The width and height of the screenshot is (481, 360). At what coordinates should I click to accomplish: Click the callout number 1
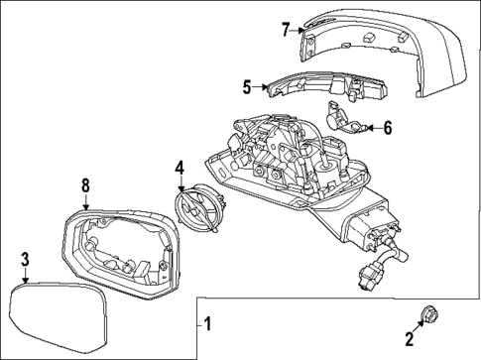click(x=207, y=323)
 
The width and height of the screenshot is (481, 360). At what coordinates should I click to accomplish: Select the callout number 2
click(x=409, y=344)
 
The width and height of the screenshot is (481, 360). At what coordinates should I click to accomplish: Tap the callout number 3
click(x=25, y=260)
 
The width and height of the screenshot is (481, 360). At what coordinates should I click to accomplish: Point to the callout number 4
click(x=180, y=168)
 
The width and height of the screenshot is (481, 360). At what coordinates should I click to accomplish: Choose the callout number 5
click(x=248, y=87)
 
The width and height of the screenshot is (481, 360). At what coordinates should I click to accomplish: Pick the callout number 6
click(x=388, y=126)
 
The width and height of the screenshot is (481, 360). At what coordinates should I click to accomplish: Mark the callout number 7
click(x=286, y=30)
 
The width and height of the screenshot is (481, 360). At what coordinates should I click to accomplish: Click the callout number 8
click(x=84, y=184)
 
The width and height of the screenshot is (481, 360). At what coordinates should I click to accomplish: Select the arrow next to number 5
click(x=261, y=87)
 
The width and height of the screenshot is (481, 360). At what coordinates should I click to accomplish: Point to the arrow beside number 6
click(x=372, y=126)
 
